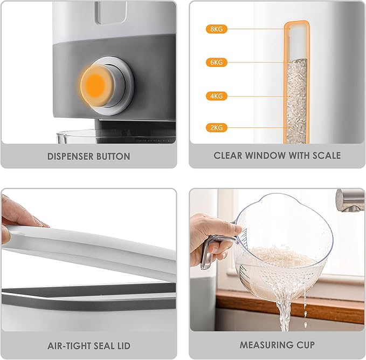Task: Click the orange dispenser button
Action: coord(96,86)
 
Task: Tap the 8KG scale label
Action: coord(216,29)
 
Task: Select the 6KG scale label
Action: coord(216,63)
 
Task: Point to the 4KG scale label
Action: coord(216,96)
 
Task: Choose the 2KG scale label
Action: coord(216,127)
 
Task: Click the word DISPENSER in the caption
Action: coord(70,157)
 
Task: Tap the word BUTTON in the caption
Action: coord(113,157)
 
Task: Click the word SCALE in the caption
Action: coord(327,155)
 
